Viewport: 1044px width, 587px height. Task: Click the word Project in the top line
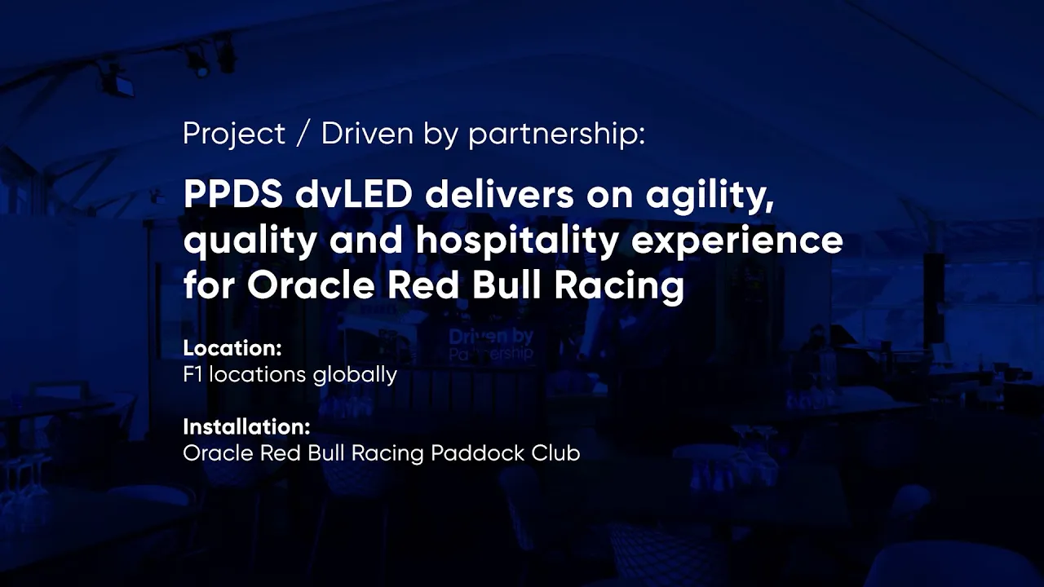234,135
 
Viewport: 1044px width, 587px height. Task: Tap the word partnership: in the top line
556,135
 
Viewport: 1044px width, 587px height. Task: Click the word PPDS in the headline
233,195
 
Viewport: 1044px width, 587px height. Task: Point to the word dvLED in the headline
354,195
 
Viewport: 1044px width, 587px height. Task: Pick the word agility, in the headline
710,197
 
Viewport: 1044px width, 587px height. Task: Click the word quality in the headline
250,242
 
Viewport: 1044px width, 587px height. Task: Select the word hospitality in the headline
517,242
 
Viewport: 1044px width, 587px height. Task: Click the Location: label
232,348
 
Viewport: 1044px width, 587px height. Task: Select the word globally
355,376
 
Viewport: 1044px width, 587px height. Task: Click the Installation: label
246,426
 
